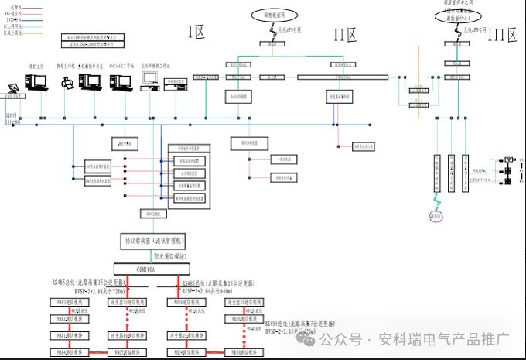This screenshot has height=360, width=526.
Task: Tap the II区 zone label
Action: click(344, 34)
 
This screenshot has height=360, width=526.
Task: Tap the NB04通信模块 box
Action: click(69, 353)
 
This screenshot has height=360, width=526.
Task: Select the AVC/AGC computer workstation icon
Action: click(121, 82)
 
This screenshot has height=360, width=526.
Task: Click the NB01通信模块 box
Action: click(69, 336)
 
